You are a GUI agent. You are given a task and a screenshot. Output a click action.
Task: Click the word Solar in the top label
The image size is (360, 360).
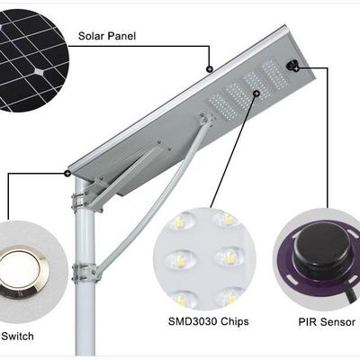pos(94,36)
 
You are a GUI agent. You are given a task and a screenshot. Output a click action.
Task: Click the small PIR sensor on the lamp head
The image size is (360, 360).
pos(292,65)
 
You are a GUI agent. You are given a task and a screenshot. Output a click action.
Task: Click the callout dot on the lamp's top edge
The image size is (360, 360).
pos(208,67)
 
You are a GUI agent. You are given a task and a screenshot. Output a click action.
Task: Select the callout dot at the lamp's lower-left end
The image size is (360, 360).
pos(67,171)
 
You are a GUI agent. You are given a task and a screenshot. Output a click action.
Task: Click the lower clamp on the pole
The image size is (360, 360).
pos(84,270)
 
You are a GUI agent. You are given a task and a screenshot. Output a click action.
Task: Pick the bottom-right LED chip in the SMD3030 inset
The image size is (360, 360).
pos(229,293)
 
